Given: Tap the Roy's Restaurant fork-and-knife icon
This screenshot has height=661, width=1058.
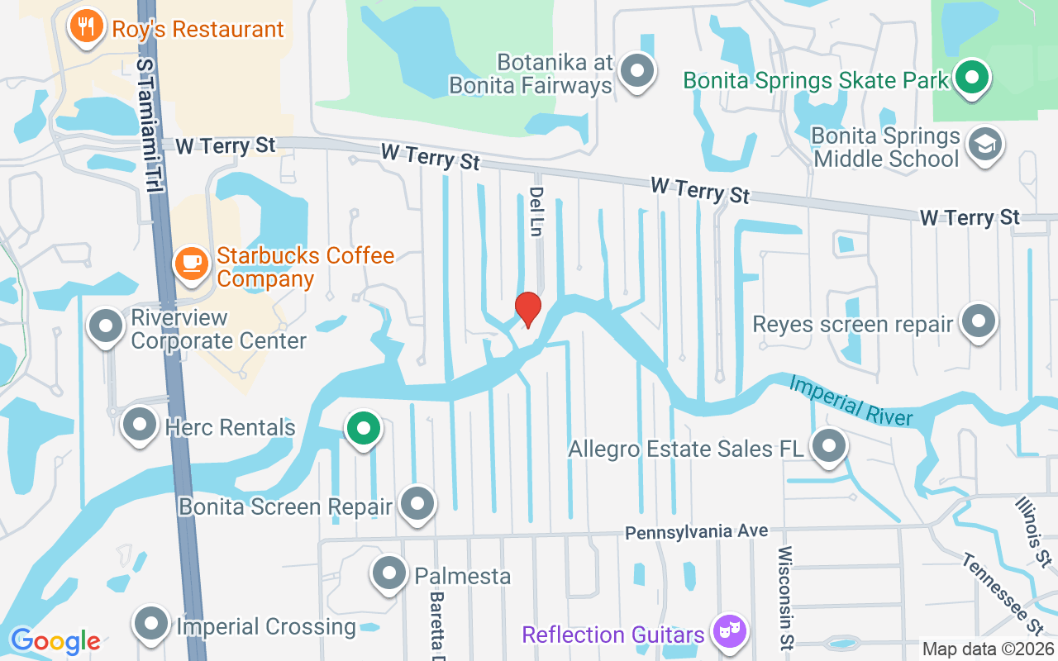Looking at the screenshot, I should tap(85, 26).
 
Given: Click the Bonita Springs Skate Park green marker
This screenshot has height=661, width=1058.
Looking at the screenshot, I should tap(973, 78).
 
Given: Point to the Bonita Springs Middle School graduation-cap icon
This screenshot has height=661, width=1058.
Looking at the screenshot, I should tap(984, 145).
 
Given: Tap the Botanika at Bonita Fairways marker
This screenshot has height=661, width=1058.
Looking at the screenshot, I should tap(637, 70).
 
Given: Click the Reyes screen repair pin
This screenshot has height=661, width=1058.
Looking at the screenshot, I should tap(979, 321).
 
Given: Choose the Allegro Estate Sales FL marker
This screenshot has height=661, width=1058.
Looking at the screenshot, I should tap(829, 446).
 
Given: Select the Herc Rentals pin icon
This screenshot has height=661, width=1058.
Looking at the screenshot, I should tap(140, 426).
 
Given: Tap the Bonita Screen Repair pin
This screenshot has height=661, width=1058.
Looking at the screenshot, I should tap(417, 503).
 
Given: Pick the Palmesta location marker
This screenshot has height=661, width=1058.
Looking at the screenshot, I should tap(389, 573).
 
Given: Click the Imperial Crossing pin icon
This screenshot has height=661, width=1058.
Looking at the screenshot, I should tap(152, 625).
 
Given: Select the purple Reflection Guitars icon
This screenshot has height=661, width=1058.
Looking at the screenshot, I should tap(730, 632).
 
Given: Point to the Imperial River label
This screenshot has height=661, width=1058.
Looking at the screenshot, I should tap(851, 400).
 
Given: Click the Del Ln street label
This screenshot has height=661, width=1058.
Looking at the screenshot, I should tap(535, 212).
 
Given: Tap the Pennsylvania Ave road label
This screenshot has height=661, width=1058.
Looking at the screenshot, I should tap(696, 531).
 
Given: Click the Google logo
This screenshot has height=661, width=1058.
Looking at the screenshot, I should tap(55, 641).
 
